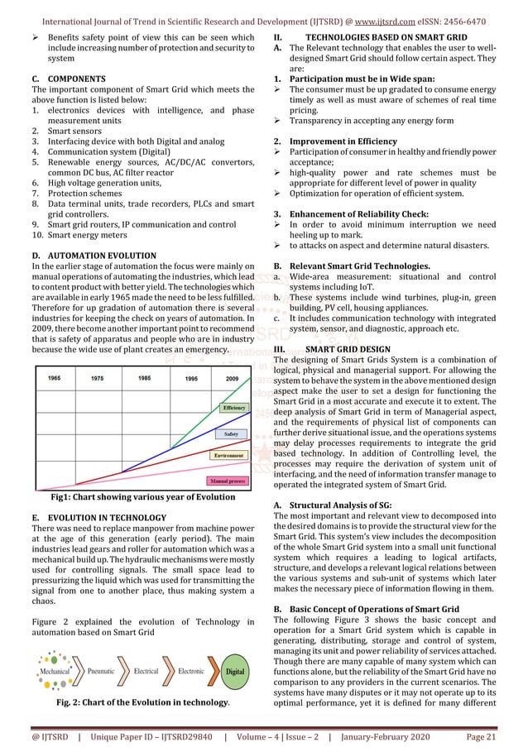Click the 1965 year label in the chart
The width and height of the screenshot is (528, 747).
54,378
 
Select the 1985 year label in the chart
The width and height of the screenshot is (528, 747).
144,378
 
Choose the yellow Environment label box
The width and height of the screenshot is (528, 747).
228,456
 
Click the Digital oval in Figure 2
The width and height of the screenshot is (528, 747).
235,671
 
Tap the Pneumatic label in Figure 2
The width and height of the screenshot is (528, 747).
101,671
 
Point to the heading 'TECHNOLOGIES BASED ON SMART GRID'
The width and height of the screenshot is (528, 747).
386,38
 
